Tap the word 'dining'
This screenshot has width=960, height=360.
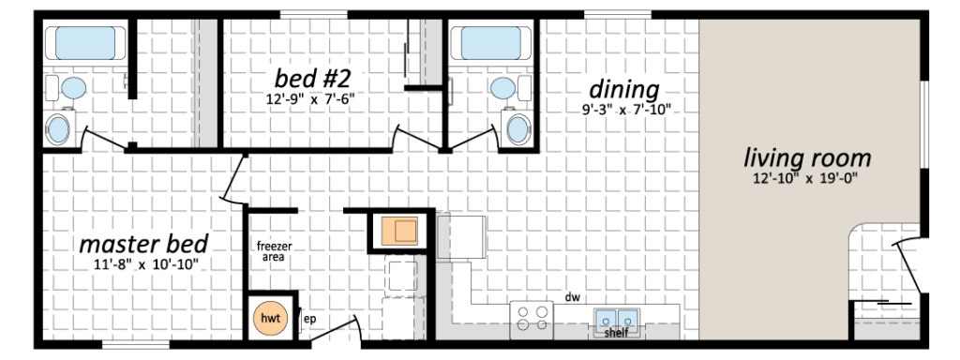coord(623,89)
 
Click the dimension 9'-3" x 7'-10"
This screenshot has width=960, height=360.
coord(623,109)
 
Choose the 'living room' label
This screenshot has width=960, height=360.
coord(807,157)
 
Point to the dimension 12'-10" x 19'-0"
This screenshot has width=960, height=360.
coord(807,177)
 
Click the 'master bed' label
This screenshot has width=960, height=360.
coord(143,244)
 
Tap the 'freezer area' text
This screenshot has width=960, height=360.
coord(276,250)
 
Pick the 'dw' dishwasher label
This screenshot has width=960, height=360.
coord(573,297)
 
